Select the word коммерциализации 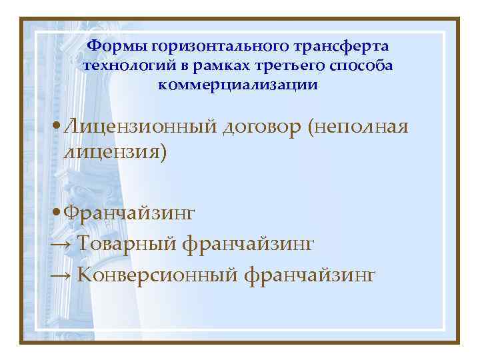click(x=239, y=85)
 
